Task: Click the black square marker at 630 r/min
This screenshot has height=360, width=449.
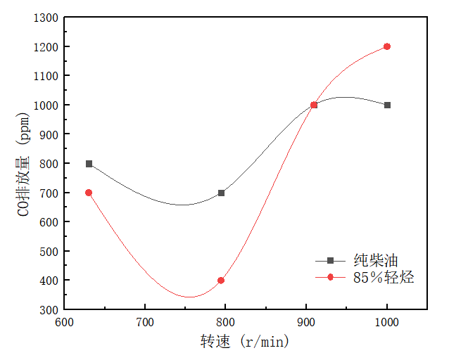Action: click(x=89, y=164)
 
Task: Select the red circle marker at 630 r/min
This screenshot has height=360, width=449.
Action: click(x=89, y=193)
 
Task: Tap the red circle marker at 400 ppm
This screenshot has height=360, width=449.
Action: click(x=221, y=281)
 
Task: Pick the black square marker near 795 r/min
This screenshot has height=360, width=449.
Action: click(x=221, y=193)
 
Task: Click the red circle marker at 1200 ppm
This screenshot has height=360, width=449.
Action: click(x=387, y=46)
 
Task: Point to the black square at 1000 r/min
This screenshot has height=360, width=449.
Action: click(x=387, y=105)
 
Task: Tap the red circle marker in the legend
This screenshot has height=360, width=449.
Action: click(x=330, y=277)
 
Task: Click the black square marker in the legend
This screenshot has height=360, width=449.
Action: click(x=330, y=259)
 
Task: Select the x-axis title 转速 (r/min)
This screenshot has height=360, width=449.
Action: click(x=244, y=342)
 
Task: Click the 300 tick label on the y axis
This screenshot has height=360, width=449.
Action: click(x=50, y=309)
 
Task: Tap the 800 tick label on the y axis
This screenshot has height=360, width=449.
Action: click(x=50, y=164)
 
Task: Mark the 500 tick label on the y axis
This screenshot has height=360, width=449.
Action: click(x=50, y=251)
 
